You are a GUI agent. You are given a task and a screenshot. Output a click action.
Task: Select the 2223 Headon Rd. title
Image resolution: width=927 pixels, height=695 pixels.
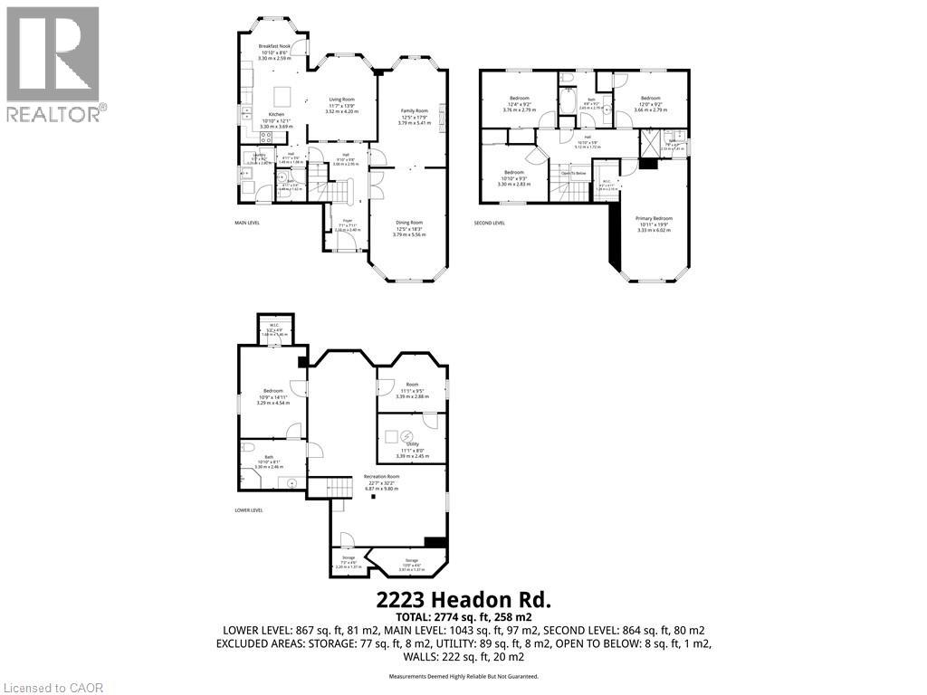[463, 599]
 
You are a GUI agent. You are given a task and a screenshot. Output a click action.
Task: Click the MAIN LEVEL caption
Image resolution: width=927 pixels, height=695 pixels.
[247, 223]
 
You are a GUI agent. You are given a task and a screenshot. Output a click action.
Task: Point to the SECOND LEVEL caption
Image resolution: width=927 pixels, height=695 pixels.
[490, 223]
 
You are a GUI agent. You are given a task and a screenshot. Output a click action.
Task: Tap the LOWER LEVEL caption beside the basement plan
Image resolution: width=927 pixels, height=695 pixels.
[248, 510]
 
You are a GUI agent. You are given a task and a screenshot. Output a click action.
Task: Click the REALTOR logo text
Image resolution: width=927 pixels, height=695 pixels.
[56, 113]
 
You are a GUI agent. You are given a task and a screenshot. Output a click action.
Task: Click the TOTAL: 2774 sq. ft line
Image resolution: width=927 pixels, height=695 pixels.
[463, 615]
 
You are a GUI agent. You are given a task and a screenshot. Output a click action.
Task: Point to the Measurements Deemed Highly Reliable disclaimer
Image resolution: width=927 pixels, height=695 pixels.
[463, 676]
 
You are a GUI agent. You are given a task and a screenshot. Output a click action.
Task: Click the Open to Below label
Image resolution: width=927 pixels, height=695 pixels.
[573, 173]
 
